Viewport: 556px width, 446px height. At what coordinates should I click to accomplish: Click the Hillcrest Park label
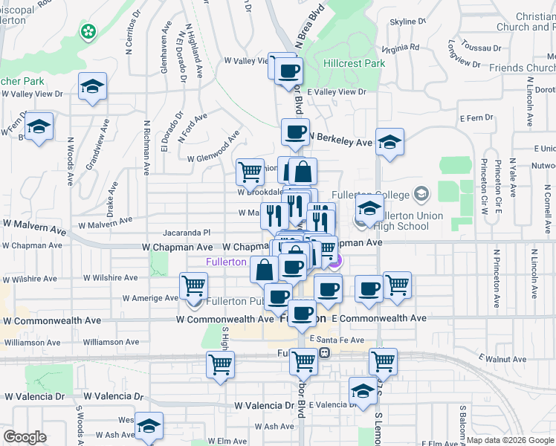coord(354,64)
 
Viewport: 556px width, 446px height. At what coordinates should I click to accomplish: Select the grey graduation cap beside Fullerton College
coord(422,195)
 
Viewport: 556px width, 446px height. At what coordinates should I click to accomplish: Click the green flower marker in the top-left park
coord(88,31)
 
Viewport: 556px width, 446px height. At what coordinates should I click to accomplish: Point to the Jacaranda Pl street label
coord(187,233)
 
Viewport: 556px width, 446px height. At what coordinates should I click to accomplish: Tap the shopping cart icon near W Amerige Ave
coord(193,286)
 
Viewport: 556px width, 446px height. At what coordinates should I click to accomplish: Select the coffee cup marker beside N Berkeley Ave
coord(295,134)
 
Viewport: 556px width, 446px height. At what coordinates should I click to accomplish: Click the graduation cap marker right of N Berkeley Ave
coord(389,143)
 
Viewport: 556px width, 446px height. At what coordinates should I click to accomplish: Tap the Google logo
coord(25,436)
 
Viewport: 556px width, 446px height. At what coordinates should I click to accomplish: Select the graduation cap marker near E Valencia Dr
coord(362,392)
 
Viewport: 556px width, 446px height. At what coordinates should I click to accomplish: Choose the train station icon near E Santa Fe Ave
coord(324,352)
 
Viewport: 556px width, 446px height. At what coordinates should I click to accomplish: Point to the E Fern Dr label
coord(476,118)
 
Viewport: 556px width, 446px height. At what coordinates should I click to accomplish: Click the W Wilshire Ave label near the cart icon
coord(111,278)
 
